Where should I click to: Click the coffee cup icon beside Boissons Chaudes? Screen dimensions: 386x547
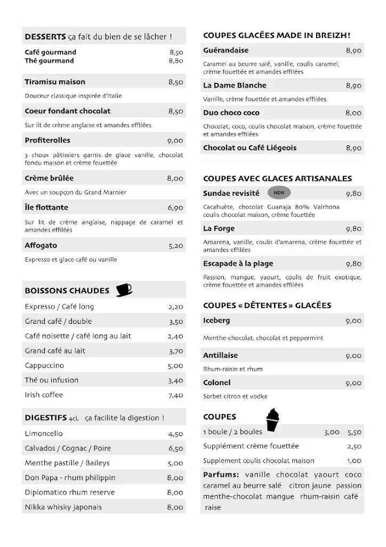[124, 290]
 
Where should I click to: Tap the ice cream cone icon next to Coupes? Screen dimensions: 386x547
[273, 420]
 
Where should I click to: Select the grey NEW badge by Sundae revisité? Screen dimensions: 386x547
[279, 193]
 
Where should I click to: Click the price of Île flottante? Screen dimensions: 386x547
[175, 208]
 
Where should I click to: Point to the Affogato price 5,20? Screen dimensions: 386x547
[175, 246]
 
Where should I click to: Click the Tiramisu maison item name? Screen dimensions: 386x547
[55, 82]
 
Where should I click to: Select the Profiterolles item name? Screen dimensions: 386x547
[47, 140]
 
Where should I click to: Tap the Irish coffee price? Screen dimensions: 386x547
[175, 395]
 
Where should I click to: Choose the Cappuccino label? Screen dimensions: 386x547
[44, 365]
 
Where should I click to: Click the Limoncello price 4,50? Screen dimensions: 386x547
[175, 434]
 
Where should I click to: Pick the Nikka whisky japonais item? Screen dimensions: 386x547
[63, 507]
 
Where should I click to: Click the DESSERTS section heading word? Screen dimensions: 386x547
[45, 37]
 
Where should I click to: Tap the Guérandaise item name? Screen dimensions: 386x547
[226, 50]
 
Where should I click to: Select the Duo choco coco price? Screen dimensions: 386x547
[353, 113]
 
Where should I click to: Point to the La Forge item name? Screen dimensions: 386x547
[219, 229]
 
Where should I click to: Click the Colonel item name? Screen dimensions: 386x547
[217, 382]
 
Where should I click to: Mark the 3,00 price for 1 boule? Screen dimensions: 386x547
[331, 432]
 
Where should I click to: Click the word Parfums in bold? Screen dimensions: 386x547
[220, 474]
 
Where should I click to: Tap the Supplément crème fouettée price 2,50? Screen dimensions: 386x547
[354, 447]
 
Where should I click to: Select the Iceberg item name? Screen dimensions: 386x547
[216, 321]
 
